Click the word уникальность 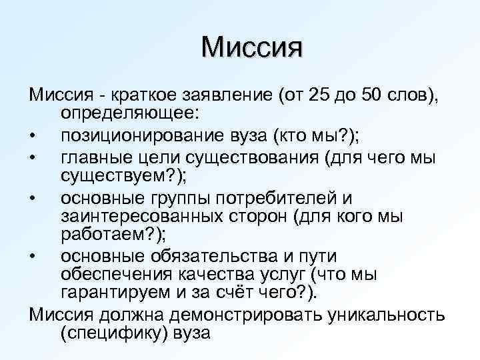click(x=387, y=313)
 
